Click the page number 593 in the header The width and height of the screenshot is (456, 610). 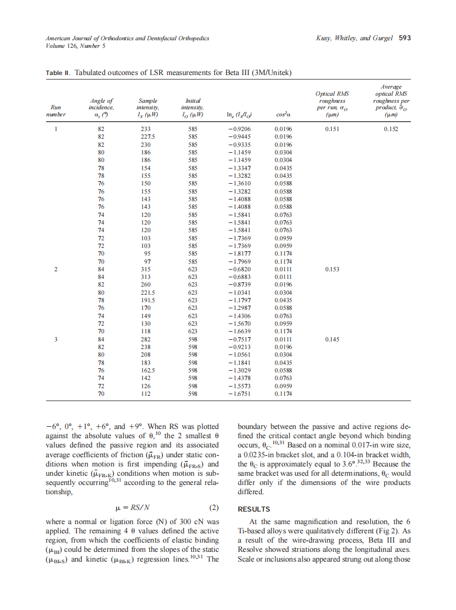pos(404,38)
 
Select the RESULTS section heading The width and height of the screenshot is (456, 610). pos(254,509)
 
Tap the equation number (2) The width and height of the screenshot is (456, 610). pos(214,508)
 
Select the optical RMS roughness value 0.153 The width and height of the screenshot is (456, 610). pos(332,269)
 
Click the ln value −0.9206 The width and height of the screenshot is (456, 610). pos(240,129)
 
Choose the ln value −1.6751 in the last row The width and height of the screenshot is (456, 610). pos(240,393)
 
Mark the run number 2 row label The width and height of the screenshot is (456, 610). pos(56,269)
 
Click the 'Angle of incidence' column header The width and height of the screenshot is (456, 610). pos(101,108)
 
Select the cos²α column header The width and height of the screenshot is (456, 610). pos(284,115)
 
